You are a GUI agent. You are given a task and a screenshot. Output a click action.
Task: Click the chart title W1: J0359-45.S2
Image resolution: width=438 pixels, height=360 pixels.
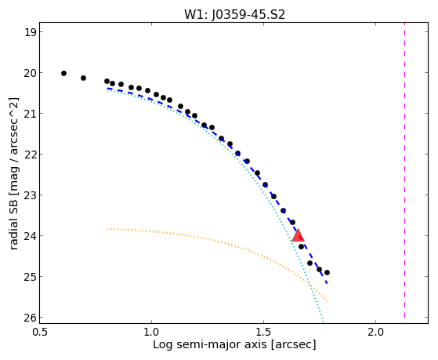click(234, 15)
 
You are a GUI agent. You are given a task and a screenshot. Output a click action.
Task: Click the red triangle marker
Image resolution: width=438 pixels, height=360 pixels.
click(298, 235)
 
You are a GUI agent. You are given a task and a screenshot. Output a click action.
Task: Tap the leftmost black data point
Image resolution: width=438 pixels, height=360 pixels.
click(63, 73)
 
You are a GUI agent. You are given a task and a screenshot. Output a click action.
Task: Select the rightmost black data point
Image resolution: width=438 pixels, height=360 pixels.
click(327, 272)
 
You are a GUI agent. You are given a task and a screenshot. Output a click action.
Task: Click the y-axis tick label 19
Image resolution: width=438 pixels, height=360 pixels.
click(30, 32)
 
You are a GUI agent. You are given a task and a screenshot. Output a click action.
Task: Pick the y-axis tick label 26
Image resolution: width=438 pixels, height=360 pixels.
click(30, 318)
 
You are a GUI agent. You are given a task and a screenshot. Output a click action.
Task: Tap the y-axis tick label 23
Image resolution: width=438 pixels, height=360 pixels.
click(30, 195)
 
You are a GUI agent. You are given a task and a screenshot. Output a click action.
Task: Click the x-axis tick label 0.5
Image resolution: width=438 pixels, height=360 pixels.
click(40, 332)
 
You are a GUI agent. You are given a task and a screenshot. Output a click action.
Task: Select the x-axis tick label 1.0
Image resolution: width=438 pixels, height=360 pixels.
click(152, 332)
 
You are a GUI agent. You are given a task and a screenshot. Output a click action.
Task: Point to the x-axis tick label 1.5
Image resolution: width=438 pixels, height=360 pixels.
click(264, 332)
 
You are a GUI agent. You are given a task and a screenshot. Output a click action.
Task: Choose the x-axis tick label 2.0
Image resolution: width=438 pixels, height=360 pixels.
click(375, 332)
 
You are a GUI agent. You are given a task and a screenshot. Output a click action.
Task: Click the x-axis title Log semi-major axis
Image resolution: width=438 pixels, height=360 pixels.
click(210, 345)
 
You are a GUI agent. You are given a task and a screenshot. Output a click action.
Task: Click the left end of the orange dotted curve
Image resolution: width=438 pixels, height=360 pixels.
click(107, 229)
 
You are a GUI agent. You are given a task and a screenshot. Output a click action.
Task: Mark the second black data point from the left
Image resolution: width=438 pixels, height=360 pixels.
click(83, 78)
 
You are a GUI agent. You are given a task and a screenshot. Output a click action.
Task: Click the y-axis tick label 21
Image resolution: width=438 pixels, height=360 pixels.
click(30, 114)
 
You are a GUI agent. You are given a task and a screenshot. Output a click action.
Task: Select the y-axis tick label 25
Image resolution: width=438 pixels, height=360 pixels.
click(30, 277)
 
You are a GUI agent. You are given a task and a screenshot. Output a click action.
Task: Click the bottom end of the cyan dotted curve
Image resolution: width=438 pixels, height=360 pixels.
click(323, 322)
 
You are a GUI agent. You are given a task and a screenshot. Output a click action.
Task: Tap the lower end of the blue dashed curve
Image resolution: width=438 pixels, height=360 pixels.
click(327, 284)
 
